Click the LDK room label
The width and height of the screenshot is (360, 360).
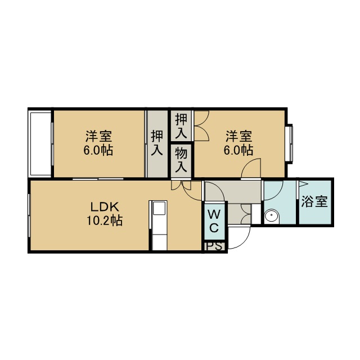(x=105, y=207)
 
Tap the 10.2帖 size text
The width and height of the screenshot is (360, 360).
(x=105, y=220)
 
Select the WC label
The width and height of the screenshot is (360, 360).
(x=214, y=221)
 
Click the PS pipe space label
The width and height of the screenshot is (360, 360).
(x=214, y=246)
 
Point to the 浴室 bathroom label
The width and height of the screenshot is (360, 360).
(x=314, y=201)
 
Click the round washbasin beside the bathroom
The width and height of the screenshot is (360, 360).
(x=271, y=215)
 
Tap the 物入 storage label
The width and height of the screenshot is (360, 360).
(x=181, y=160)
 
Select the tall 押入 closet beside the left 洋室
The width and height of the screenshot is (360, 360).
(x=157, y=144)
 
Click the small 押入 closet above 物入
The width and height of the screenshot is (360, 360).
(x=181, y=126)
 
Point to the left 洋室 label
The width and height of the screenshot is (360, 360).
(x=99, y=136)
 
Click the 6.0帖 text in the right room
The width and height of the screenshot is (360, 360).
(x=238, y=150)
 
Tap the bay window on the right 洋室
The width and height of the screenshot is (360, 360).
(x=290, y=144)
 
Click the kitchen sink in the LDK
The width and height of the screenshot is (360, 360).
(x=159, y=208)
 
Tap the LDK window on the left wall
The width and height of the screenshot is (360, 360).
(x=29, y=215)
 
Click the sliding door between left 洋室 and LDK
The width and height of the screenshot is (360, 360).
(x=98, y=179)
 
